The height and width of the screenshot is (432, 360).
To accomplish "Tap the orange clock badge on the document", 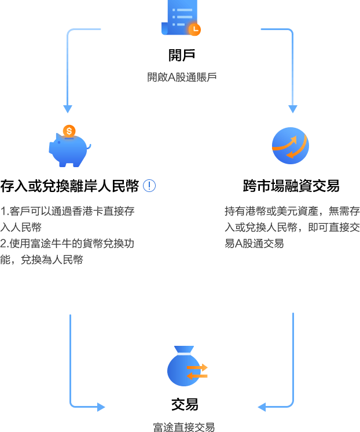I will pyautogui.click(x=194, y=28).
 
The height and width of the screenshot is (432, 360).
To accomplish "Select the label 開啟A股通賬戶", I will pyautogui.click(x=182, y=76).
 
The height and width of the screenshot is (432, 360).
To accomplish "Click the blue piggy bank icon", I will pyautogui.click(x=68, y=149).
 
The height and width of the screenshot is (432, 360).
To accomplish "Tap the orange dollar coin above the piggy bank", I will pyautogui.click(x=69, y=131).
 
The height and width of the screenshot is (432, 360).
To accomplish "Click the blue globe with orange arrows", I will pyautogui.click(x=291, y=145).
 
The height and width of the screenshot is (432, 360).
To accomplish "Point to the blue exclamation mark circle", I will pyautogui.click(x=149, y=186).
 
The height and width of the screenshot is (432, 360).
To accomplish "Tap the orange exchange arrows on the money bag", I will pyautogui.click(x=197, y=371).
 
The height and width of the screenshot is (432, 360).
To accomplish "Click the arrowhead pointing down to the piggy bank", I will pyautogui.click(x=68, y=109).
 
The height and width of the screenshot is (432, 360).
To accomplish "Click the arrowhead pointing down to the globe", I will pyautogui.click(x=293, y=109).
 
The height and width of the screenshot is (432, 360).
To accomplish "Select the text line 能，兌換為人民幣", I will pyautogui.click(x=42, y=260).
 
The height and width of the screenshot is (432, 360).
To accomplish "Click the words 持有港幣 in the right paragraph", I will pyautogui.click(x=244, y=211).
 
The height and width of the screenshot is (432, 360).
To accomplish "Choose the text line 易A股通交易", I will pyautogui.click(x=254, y=243).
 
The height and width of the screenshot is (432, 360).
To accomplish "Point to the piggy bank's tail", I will pyautogui.click(x=89, y=145).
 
